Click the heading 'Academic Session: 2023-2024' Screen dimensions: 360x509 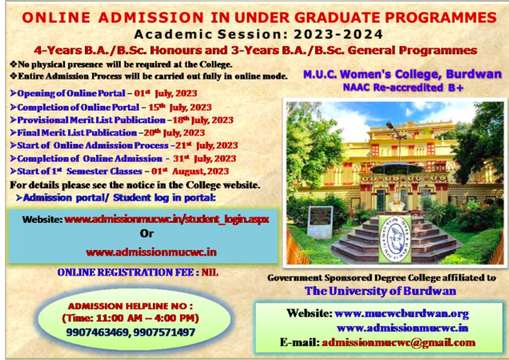click(258, 34)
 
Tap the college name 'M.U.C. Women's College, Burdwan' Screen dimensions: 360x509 click(402, 74)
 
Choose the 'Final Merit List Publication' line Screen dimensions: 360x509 click(111, 133)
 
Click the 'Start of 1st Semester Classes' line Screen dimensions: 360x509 click(119, 171)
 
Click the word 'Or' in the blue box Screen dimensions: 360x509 click(146, 233)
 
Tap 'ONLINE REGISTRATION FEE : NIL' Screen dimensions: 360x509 click(138, 272)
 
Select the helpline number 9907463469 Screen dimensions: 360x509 click(97, 332)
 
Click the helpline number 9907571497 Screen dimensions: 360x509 click(164, 332)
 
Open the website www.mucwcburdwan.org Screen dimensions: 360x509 click(402, 313)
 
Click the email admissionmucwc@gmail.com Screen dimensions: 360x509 click(398, 342)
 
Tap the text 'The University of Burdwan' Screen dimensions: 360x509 click(380, 290)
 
